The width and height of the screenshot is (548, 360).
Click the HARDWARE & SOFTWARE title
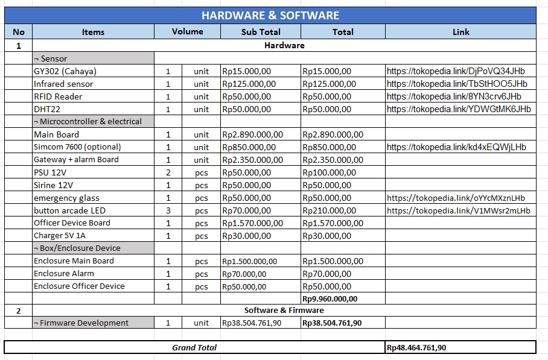270,15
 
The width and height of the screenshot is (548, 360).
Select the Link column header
460,32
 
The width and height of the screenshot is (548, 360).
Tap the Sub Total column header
261,32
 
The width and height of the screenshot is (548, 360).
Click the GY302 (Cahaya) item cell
65,71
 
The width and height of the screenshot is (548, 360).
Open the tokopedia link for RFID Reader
454,96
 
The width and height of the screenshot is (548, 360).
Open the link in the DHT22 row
459,109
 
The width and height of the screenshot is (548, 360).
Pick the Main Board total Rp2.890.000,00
333,134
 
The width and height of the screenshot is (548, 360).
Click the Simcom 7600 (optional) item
77,147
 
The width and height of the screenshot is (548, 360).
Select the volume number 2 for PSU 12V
168,172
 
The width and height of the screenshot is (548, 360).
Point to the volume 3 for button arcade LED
168,210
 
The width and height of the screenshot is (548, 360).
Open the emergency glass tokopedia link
456,198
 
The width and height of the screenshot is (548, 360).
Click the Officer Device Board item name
72,223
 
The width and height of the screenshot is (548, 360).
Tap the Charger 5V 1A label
60,236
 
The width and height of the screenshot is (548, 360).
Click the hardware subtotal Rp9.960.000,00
330,298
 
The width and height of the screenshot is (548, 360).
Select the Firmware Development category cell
81,323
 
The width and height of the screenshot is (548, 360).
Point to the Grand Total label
194,347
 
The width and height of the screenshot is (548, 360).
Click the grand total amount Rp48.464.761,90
416,347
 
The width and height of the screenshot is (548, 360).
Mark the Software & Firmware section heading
284,311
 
